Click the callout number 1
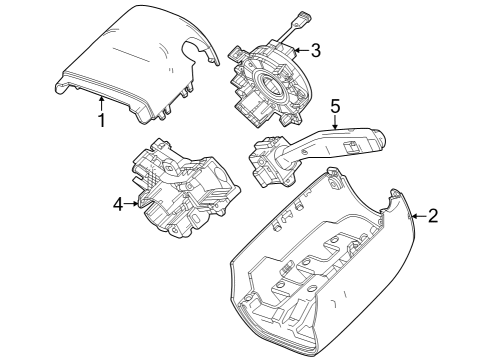click(x=101, y=121)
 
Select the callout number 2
click(x=432, y=215)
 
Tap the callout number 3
click(x=315, y=49)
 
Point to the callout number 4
click(x=118, y=204)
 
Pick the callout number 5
click(x=336, y=104)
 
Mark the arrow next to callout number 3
click(x=298, y=49)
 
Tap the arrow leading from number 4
click(x=133, y=204)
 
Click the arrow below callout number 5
click(x=336, y=122)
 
